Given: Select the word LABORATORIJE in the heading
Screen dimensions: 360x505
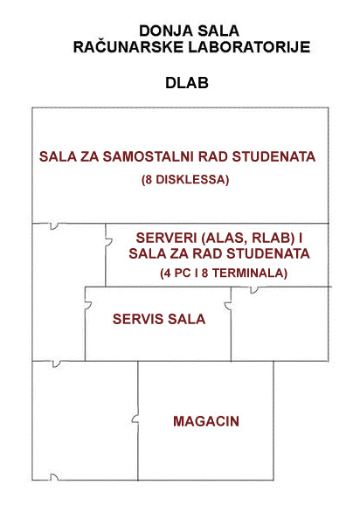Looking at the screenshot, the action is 249,47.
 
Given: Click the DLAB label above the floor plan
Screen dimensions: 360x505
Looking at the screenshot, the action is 187,83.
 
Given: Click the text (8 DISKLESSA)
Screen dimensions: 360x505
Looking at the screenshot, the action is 185,179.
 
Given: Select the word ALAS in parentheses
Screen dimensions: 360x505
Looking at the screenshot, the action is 224,238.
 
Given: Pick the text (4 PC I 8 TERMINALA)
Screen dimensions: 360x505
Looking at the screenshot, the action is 224,273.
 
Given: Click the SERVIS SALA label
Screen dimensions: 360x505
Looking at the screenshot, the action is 159,319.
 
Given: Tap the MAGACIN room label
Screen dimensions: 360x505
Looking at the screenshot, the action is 206,421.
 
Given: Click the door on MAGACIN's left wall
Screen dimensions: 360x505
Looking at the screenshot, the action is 135,419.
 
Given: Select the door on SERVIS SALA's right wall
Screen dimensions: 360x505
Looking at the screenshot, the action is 228,306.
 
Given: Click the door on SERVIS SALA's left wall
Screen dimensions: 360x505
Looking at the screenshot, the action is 88,305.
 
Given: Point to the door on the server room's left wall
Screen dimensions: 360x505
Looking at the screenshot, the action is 108,242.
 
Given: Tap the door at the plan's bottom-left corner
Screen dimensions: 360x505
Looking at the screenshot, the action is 54,477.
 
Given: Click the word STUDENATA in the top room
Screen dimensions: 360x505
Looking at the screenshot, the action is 273,157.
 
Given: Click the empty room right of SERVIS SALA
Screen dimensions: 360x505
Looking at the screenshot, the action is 280,323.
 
